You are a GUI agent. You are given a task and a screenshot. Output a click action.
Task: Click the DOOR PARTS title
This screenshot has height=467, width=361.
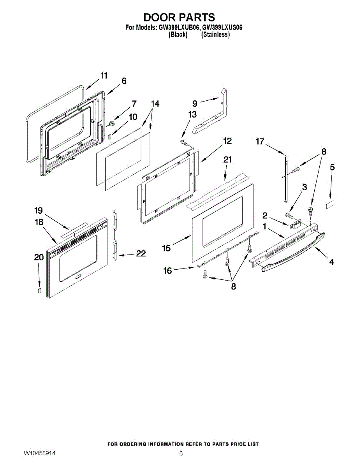pyautogui.click(x=179, y=18)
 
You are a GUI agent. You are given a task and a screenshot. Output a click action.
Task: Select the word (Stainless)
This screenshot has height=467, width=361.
pyautogui.click(x=215, y=35)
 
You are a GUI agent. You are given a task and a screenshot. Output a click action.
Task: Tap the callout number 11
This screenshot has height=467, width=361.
pyautogui.click(x=104, y=75)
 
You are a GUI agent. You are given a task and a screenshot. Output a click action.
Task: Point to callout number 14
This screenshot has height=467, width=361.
pyautogui.click(x=155, y=104)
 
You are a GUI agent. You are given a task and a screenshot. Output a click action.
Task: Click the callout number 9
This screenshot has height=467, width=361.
pyautogui.click(x=195, y=103)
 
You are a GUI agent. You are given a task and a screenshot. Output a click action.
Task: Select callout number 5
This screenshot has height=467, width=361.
pyautogui.click(x=332, y=167)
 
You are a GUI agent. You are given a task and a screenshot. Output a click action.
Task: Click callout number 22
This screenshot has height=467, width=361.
pyautogui.click(x=141, y=254)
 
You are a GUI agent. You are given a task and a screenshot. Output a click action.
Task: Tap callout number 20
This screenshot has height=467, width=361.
pyautogui.click(x=39, y=257)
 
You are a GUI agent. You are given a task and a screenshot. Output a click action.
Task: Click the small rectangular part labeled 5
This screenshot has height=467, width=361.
pyautogui.click(x=331, y=203)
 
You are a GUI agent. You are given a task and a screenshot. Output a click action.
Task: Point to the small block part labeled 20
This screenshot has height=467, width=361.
pyautogui.click(x=39, y=290)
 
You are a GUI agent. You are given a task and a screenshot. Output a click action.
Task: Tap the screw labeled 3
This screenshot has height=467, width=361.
pyautogui.click(x=289, y=214)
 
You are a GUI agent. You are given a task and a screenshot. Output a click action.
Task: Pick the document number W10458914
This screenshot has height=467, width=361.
pyautogui.click(x=39, y=453)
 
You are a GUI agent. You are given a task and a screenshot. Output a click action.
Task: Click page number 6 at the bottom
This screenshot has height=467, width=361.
pyautogui.click(x=181, y=453)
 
